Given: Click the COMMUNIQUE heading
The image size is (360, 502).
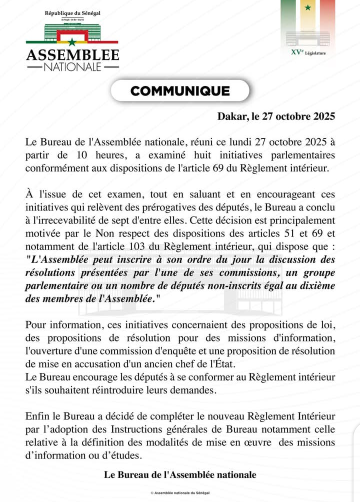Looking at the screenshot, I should [x=180, y=91].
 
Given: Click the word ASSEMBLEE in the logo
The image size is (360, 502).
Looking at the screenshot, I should [x=72, y=54].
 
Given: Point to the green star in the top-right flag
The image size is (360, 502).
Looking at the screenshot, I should [x=307, y=7].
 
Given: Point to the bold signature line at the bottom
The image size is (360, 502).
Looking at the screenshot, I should [x=180, y=474].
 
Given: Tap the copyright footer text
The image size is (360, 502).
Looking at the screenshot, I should [x=180, y=492].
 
